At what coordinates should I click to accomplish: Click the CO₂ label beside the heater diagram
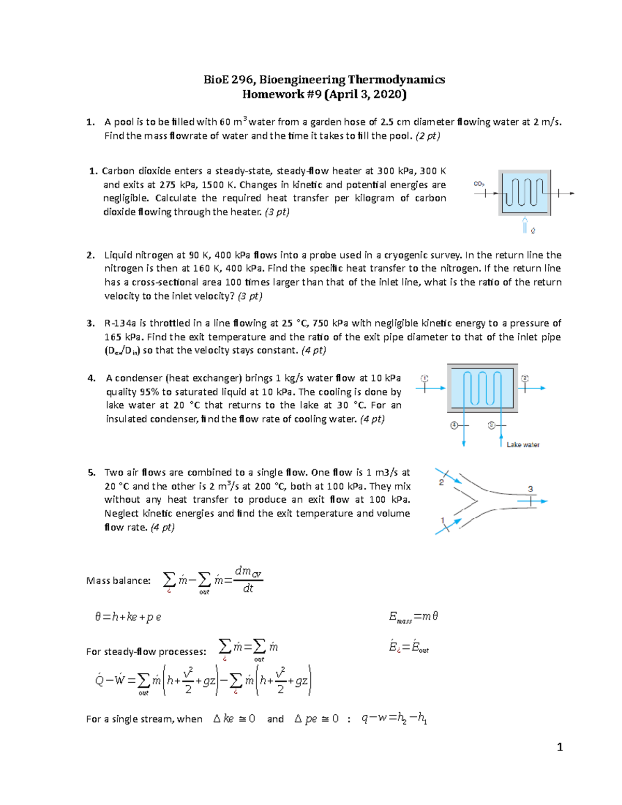coord(479,184)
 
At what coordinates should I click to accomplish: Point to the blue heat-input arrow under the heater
coord(525,225)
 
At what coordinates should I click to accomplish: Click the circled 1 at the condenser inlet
coord(425,378)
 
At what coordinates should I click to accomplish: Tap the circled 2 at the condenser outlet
coord(525,378)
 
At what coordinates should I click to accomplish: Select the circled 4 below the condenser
coord(454,426)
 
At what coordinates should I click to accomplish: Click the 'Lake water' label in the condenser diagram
coord(522,445)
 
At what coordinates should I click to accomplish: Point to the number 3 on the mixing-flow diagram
coord(530,489)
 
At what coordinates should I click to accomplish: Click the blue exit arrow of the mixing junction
coord(539,501)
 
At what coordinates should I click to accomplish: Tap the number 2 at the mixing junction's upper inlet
coord(441,482)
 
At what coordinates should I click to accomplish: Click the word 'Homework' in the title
coord(267,94)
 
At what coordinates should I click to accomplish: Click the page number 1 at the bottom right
coord(559,747)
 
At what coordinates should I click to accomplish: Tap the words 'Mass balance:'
coord(118,581)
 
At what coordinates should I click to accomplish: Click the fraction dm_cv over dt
coord(248,580)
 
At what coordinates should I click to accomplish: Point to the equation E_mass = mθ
coord(414,616)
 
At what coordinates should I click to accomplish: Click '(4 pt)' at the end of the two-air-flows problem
coord(162,527)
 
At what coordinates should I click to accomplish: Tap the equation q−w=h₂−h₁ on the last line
coord(394,718)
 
